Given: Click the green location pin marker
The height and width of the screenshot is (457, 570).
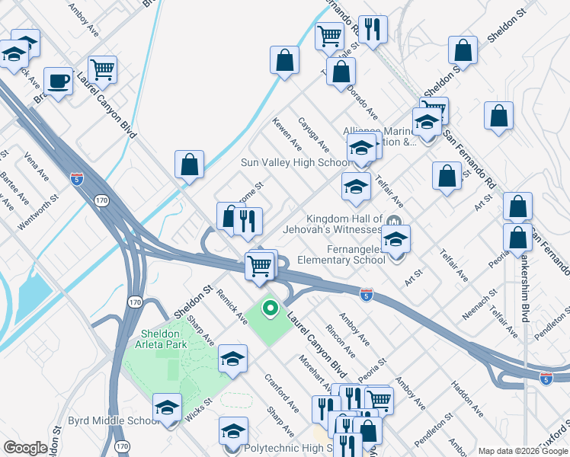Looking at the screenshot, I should (269, 308).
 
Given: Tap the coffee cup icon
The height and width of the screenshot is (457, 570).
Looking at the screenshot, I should (58, 80).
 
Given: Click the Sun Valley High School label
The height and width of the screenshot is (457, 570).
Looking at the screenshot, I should (296, 162).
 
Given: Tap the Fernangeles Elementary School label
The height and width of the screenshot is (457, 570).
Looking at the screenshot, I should (339, 254).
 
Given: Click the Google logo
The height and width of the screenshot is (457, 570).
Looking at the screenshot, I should (26, 447).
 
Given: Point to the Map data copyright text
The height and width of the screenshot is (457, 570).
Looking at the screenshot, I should (523, 451).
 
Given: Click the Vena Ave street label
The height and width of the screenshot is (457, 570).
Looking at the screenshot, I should (37, 167).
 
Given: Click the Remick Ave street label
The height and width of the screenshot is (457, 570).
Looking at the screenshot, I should (232, 305).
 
